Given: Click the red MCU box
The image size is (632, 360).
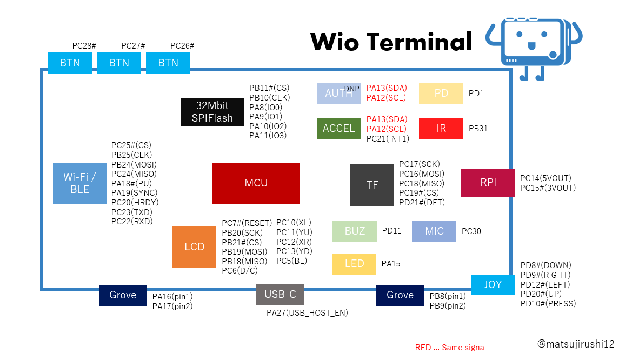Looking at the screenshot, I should pos(256,183).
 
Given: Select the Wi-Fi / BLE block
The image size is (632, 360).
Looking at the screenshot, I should pos(79,183).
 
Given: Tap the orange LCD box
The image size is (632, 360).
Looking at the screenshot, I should pos(194,247).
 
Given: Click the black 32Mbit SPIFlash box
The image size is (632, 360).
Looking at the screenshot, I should pos(212,112).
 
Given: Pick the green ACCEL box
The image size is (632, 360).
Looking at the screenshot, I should pos(338,129).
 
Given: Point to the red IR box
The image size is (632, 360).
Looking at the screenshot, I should pos(441,129).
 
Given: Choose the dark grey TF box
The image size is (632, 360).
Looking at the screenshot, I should pos(372,185).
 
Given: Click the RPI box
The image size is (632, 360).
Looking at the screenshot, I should pos(488,183).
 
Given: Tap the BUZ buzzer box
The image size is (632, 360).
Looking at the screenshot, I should pos(354,231).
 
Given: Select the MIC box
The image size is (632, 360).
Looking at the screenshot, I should pos(434,231).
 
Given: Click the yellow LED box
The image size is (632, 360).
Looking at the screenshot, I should pos(354,264).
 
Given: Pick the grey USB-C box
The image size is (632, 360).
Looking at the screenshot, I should pos(280,295).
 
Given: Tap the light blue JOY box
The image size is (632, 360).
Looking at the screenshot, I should pos(493,284).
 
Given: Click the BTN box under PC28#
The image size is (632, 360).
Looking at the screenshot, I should pos(70,63).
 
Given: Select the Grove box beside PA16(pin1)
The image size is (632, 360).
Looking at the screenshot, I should pos(123,295).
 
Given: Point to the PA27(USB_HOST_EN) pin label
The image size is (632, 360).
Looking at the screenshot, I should pos(307,313).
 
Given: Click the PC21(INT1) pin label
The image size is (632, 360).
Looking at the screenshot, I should pos(388,139).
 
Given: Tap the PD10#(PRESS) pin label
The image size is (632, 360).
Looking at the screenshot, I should pos(548,304).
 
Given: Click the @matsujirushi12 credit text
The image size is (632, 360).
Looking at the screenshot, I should pos(576,344).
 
